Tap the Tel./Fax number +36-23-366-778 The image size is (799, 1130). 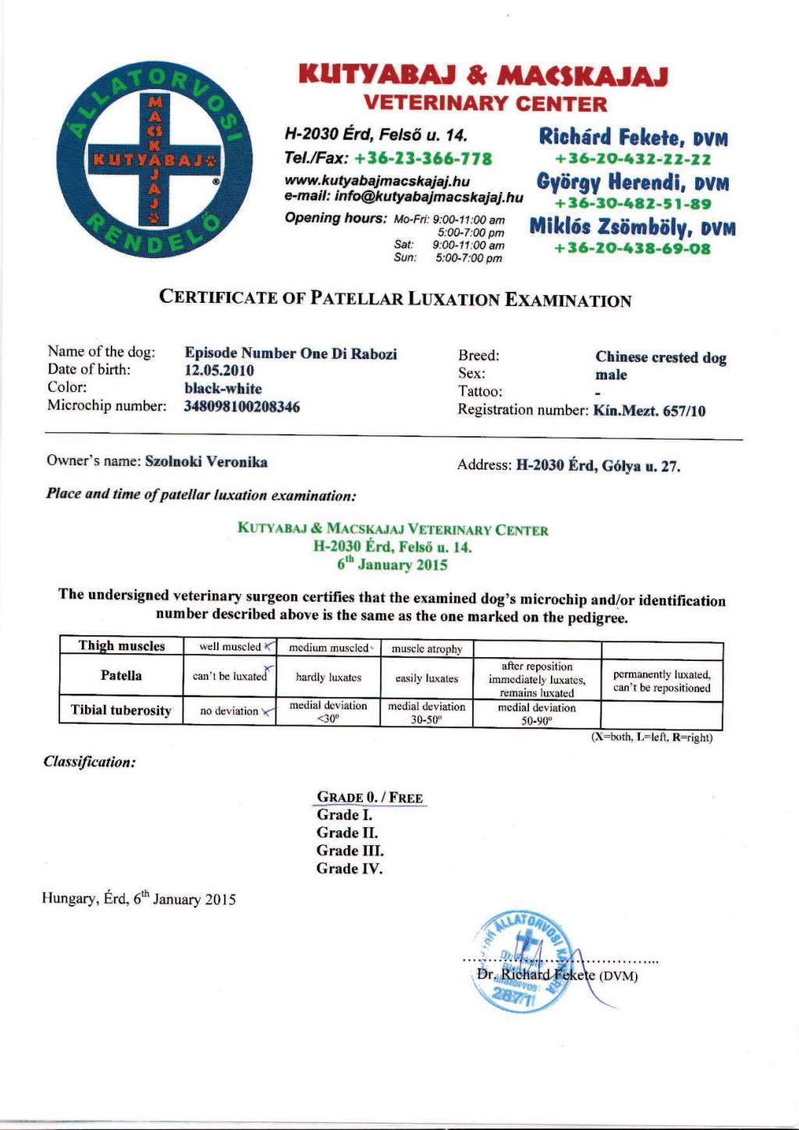coord(423,158)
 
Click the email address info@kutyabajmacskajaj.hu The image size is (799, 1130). coord(428,197)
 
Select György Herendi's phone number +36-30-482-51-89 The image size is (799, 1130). coord(633,204)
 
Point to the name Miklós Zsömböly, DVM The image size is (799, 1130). coord(632,227)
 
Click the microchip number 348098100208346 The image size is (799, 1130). coord(242,407)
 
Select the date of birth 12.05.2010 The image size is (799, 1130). coord(219,371)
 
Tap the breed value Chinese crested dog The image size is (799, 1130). coord(660,357)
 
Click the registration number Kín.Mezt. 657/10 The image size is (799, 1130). coord(649,410)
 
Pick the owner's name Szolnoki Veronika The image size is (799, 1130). coord(206,462)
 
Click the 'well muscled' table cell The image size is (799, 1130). coord(230,647)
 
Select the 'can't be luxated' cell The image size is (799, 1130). coord(229,677)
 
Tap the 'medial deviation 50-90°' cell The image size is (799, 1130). coord(537,714)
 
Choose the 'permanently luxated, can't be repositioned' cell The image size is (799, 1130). coord(662,681)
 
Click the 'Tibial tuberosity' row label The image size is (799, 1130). coord(121,710)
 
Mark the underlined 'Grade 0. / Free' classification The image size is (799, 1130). coord(370,798)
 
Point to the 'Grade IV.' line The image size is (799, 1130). coord(350,869)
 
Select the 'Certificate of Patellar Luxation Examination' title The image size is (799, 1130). coord(395,298)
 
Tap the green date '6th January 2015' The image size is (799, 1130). coord(392,564)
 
